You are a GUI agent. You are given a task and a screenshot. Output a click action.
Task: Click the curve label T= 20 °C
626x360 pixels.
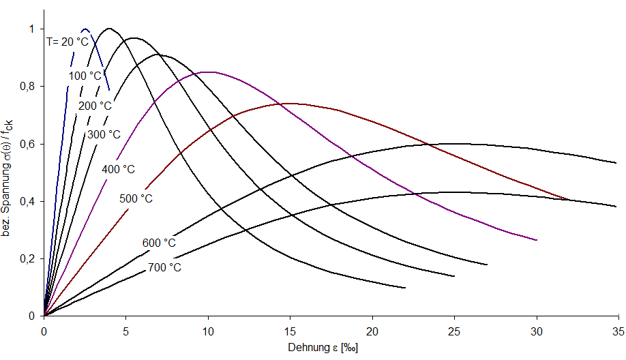click(68, 42)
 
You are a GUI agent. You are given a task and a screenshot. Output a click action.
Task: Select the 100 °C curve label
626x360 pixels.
click(85, 75)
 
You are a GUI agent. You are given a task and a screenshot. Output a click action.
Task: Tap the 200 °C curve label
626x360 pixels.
click(95, 106)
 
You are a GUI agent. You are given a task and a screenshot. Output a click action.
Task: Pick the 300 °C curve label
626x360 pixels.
click(104, 134)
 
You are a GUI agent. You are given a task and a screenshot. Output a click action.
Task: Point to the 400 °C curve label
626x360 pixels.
click(119, 168)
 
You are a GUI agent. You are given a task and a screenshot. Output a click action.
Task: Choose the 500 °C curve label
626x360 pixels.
click(136, 198)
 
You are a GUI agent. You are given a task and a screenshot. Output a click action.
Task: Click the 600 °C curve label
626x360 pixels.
click(159, 243)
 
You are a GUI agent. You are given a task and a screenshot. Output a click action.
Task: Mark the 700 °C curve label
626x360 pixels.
click(164, 267)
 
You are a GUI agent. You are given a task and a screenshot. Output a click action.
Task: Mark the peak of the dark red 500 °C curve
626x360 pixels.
click(290, 104)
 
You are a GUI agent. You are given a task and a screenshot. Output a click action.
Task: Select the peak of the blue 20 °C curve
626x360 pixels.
click(85, 29)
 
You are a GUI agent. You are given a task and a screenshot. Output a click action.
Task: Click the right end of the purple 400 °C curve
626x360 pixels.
click(537, 240)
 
